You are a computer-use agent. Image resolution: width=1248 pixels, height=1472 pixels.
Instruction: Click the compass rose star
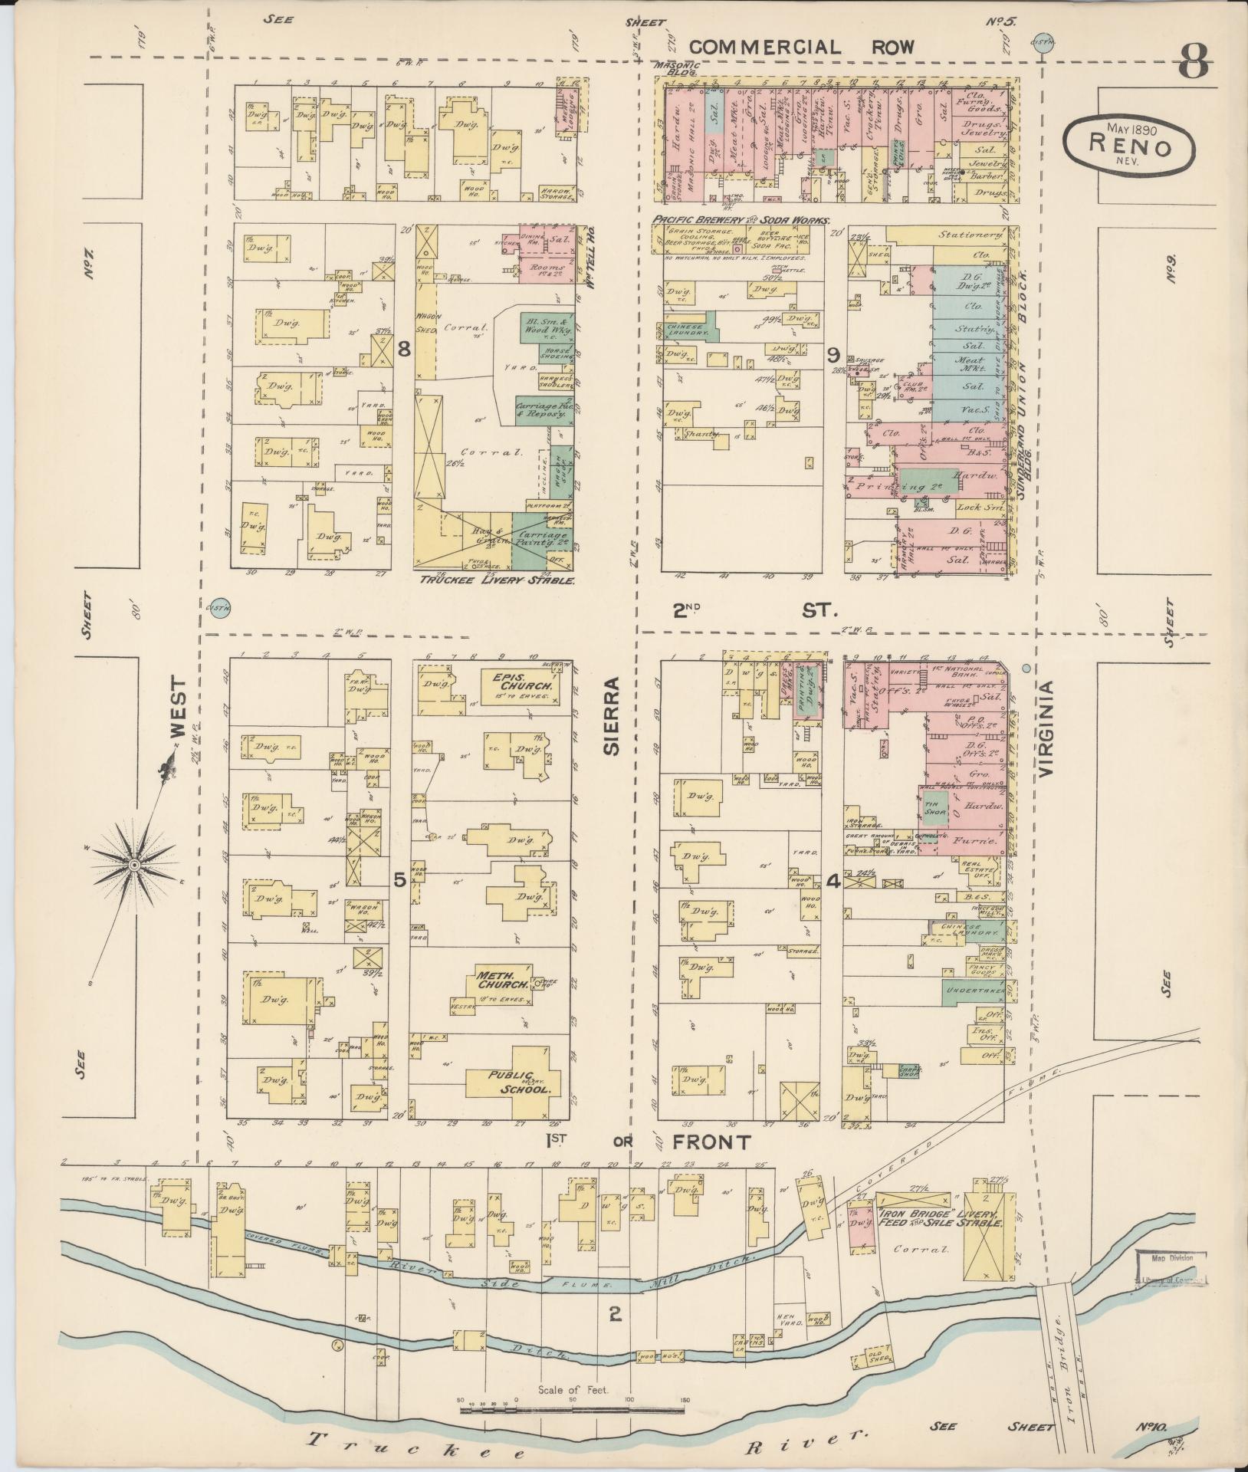133,865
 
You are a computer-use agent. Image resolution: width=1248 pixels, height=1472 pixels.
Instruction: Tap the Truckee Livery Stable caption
496,580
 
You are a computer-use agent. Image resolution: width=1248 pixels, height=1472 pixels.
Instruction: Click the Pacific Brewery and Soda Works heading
740,220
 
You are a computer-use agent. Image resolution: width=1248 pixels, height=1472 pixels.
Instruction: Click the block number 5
399,881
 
